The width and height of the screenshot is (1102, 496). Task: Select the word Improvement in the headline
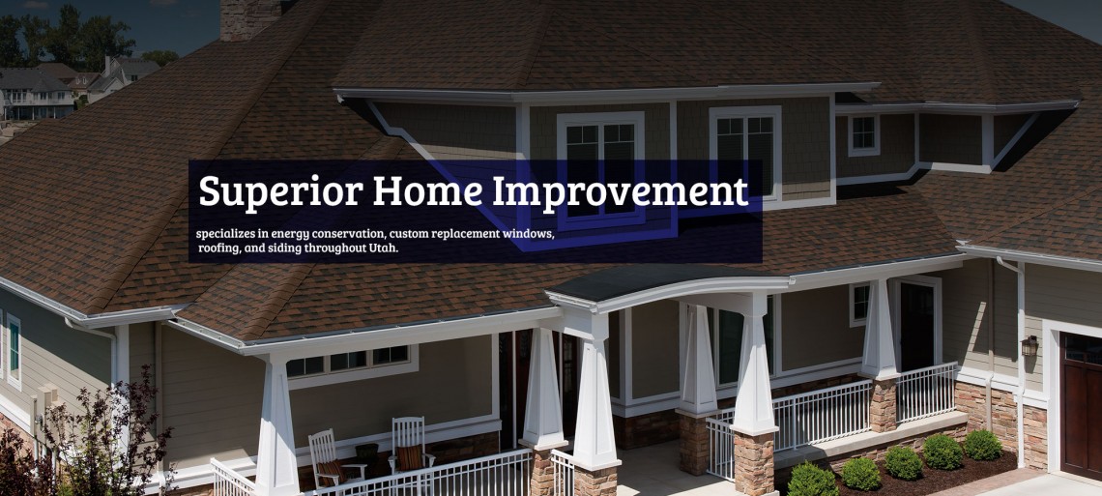(x=620, y=191)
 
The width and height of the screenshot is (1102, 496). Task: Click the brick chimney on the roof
(x=250, y=19)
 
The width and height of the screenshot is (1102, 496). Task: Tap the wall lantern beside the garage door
(x=1029, y=345)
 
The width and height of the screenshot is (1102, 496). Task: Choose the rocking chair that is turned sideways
(x=330, y=462)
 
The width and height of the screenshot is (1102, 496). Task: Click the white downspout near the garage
(x=1018, y=358)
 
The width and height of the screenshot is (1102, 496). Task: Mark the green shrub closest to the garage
(x=982, y=445)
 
